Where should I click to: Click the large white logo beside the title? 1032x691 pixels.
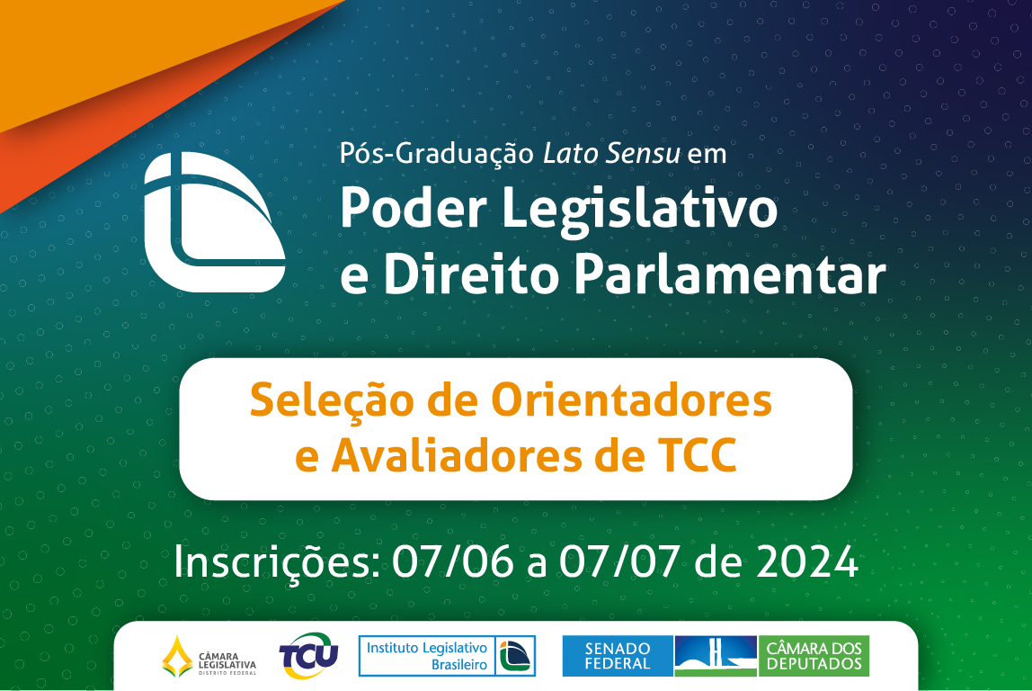pos(214,222)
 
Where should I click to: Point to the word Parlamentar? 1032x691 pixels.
pos(730,275)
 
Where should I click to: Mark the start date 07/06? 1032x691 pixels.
pos(453,562)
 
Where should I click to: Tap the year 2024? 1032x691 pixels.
pos(806,562)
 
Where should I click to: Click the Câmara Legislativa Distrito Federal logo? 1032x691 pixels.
pos(209,657)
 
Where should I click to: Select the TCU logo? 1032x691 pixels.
pos(308,656)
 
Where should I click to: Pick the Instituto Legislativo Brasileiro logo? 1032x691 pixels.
pos(447,656)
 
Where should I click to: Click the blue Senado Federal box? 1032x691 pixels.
pos(617,656)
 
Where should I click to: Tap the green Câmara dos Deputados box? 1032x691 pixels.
pos(814,656)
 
